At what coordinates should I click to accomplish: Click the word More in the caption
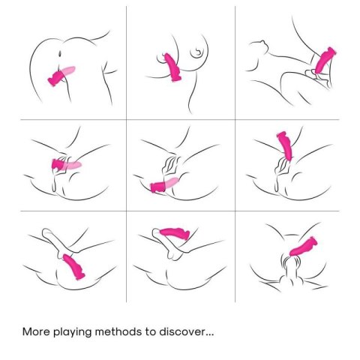pos(36,331)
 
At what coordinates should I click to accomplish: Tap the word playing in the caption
pos(73,333)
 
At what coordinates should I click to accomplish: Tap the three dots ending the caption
pos(209,334)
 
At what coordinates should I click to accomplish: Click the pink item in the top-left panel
pos(61,76)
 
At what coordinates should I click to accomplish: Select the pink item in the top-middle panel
pos(172,67)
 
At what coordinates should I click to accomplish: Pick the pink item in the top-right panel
pos(325,61)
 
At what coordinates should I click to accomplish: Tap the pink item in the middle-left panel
pos(66,164)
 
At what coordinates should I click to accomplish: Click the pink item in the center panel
pos(164,185)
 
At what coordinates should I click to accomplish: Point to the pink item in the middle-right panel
pos(286,145)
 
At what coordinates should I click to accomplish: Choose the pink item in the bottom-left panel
pos(73,266)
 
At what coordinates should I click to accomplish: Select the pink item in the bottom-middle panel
pos(175,232)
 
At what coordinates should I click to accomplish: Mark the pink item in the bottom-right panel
pos(303,247)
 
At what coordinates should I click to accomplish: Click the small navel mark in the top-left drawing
pos(60,53)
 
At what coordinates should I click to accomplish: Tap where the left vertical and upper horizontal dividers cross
pos(126,120)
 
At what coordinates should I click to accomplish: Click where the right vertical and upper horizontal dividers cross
pos(235,120)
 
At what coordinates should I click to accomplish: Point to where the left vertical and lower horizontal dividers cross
pos(126,211)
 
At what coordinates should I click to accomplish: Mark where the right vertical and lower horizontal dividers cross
pos(235,211)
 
